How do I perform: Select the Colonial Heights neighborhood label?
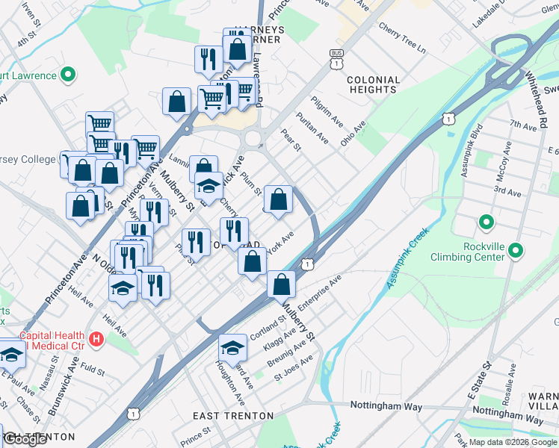coord(372,84)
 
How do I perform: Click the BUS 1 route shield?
coord(337,59)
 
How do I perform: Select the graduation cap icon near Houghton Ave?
coord(232,346)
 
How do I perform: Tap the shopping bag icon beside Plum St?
coord(278,199)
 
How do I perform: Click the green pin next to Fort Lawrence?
coord(68,75)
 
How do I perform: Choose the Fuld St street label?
coord(93,369)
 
